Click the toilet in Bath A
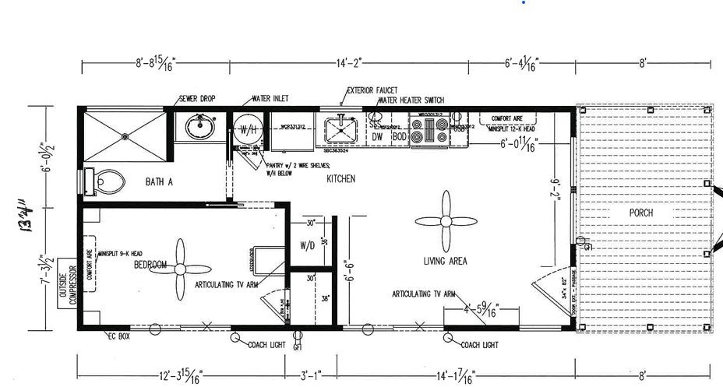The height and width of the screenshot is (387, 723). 107,181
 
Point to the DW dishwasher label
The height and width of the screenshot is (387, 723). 378,136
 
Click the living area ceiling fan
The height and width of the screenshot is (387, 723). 445,220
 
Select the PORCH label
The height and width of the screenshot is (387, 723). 642,212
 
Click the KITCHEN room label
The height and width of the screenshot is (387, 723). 341,179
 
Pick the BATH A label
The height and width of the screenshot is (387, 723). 158,182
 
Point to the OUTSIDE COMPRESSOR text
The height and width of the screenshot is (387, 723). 68,283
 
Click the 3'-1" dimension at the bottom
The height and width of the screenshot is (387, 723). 309,375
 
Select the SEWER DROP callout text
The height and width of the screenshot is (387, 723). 197,99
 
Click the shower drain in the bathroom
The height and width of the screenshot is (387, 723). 125,134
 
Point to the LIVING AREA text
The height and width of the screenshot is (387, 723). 445,261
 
